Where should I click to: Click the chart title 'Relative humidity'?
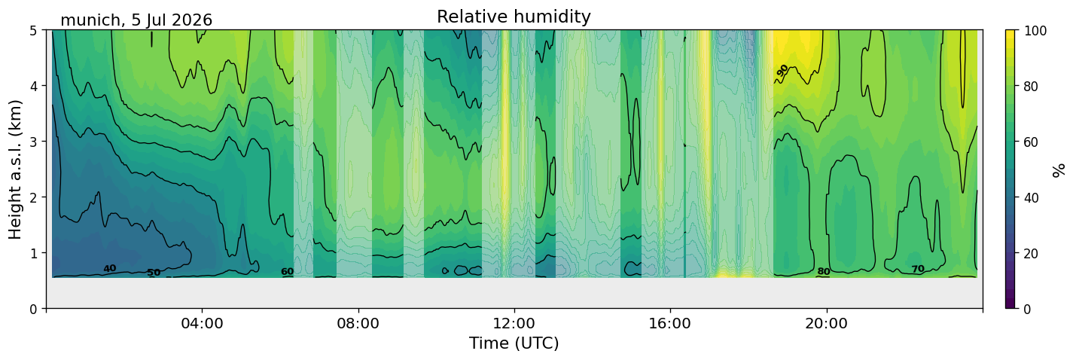[514, 17]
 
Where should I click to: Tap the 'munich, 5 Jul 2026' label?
[136, 20]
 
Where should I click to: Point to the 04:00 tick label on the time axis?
[203, 323]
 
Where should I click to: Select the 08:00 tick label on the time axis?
[358, 323]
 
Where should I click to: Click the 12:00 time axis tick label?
[514, 323]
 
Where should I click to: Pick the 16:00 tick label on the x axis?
[670, 323]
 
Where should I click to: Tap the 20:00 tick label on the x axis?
[826, 323]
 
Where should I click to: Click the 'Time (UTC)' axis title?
[514, 343]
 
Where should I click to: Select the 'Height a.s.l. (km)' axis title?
[15, 169]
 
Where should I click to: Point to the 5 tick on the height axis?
[34, 30]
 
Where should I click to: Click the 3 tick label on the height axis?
[34, 142]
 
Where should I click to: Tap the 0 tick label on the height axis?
[34, 309]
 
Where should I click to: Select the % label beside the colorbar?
[1059, 170]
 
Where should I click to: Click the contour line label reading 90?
[782, 71]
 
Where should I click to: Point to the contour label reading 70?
[918, 269]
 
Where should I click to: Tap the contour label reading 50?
[154, 273]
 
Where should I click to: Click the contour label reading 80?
[824, 271]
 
